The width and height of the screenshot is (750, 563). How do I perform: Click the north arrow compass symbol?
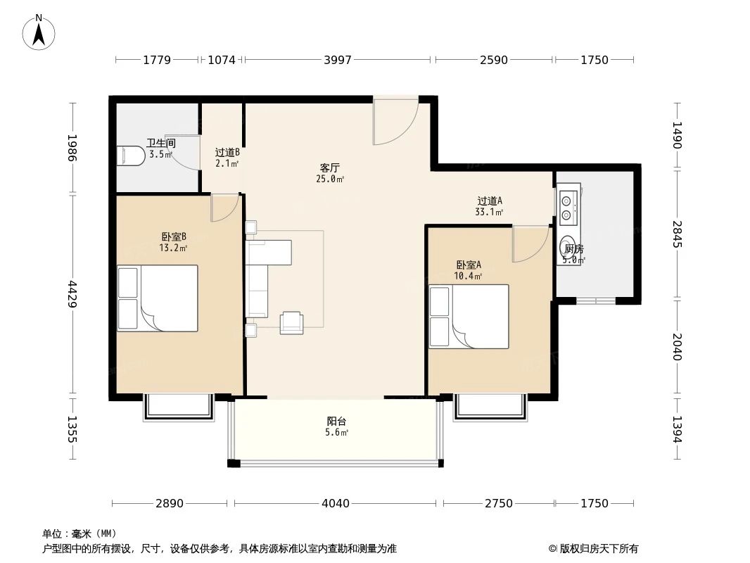(x=39, y=32)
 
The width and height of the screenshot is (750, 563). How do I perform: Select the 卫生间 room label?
(x=160, y=143)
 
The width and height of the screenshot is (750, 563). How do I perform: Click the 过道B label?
(x=227, y=152)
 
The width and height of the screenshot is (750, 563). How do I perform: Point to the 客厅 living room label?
(x=330, y=168)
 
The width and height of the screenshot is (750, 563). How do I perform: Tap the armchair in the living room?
(x=291, y=322)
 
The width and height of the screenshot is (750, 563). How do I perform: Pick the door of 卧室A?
(x=529, y=243)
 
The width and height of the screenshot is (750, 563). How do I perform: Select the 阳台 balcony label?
(x=337, y=422)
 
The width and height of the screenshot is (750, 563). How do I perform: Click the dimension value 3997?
(x=337, y=61)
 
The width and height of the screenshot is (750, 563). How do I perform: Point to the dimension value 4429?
(x=73, y=294)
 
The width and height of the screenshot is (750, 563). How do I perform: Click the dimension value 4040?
(x=335, y=503)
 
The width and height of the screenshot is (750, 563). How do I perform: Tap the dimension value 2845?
(x=677, y=234)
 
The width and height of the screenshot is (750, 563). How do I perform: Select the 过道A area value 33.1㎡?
(x=490, y=212)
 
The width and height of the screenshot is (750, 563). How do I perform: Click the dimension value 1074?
(x=222, y=61)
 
